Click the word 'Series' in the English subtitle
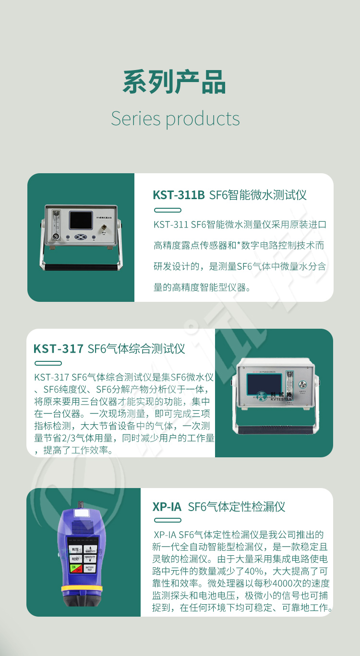pyautogui.click(x=136, y=119)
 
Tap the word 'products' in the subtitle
pyautogui.click(x=203, y=120)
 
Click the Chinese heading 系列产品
pyautogui.click(x=174, y=82)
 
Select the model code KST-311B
pyautogui.click(x=179, y=195)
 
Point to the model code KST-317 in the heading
pyautogui.click(x=59, y=349)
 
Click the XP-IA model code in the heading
pyautogui.click(x=167, y=507)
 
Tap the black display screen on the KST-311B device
pyautogui.click(x=81, y=220)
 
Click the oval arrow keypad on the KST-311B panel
pyautogui.click(x=81, y=237)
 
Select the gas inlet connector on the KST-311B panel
pyautogui.click(x=104, y=227)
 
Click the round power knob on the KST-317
pyautogui.click(x=302, y=384)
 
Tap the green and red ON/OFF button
pyautogui.click(x=76, y=569)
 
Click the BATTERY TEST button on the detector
pyautogui.click(x=90, y=569)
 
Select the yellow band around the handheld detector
pyautogui.click(x=82, y=589)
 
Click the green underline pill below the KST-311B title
pyautogui.click(x=168, y=210)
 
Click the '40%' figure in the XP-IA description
pyautogui.click(x=253, y=571)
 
